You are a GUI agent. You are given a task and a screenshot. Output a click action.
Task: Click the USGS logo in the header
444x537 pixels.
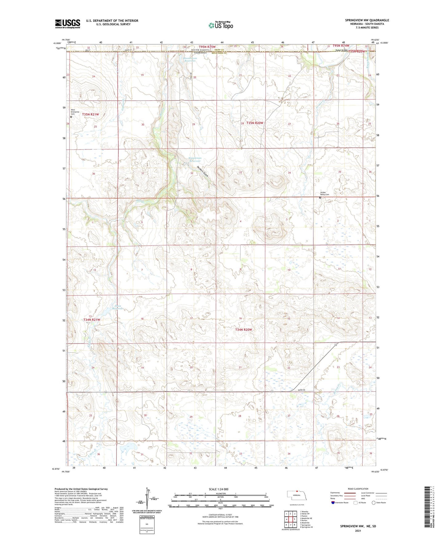pos(68,24)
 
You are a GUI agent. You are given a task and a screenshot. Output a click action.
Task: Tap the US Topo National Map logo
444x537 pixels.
pos(221,25)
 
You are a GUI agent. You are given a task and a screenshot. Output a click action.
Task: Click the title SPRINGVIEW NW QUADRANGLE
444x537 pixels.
pos(367,20)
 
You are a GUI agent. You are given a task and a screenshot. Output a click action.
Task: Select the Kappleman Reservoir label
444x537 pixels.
pos(195,160)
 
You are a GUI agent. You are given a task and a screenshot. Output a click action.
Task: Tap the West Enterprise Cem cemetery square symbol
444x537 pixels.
pos(71,117)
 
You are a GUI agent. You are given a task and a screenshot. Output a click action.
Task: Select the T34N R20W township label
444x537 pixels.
pos(243,330)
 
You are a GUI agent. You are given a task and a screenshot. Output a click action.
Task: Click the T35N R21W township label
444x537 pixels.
pos(90,114)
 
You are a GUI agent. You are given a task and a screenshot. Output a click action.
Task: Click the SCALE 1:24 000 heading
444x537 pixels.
pos(218,489)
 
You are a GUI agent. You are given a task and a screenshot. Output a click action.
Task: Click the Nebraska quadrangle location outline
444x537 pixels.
pos(297,496)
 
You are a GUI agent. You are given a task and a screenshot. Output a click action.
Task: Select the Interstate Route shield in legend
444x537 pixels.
pos(333,502)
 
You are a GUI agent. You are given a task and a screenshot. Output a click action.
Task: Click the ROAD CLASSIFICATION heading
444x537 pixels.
pos(358,489)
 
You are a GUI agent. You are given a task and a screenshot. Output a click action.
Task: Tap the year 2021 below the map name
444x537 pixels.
pos(358,531)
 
